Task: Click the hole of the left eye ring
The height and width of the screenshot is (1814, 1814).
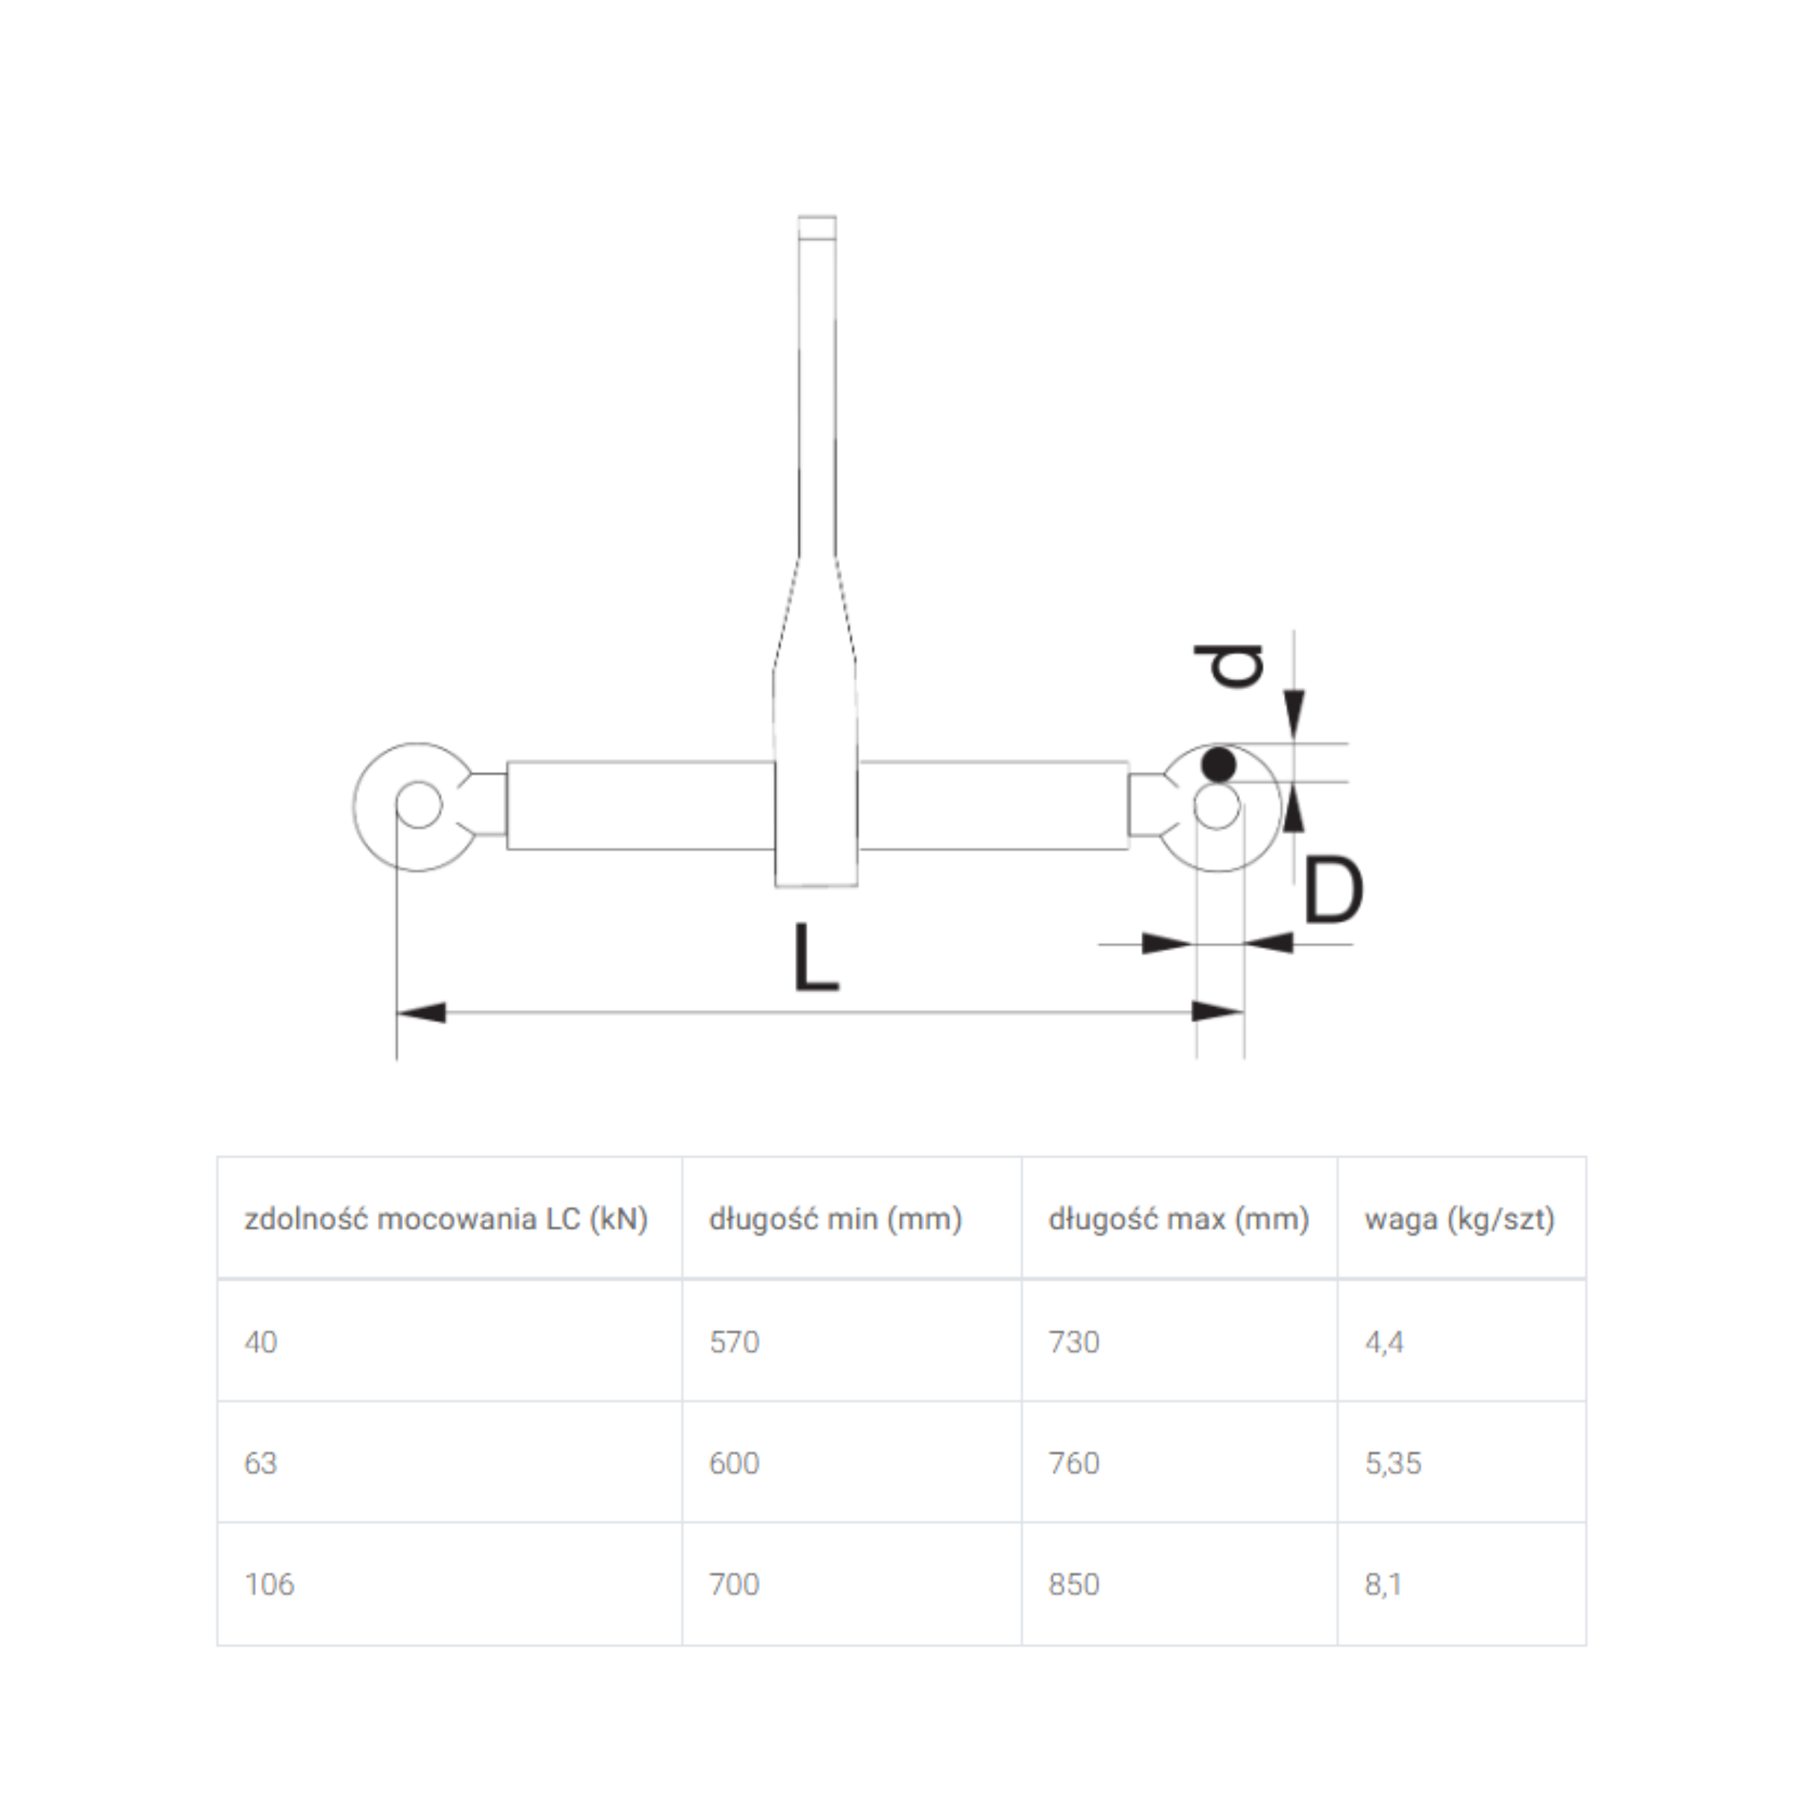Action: (419, 805)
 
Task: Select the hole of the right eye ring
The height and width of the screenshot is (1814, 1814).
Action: (1218, 806)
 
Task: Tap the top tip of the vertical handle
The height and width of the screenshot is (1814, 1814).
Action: (817, 218)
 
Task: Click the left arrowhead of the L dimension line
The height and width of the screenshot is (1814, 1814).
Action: (420, 1013)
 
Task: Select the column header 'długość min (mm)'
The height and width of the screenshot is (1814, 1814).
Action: (835, 1220)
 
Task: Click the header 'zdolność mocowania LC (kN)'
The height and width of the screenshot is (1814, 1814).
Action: (446, 1220)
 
